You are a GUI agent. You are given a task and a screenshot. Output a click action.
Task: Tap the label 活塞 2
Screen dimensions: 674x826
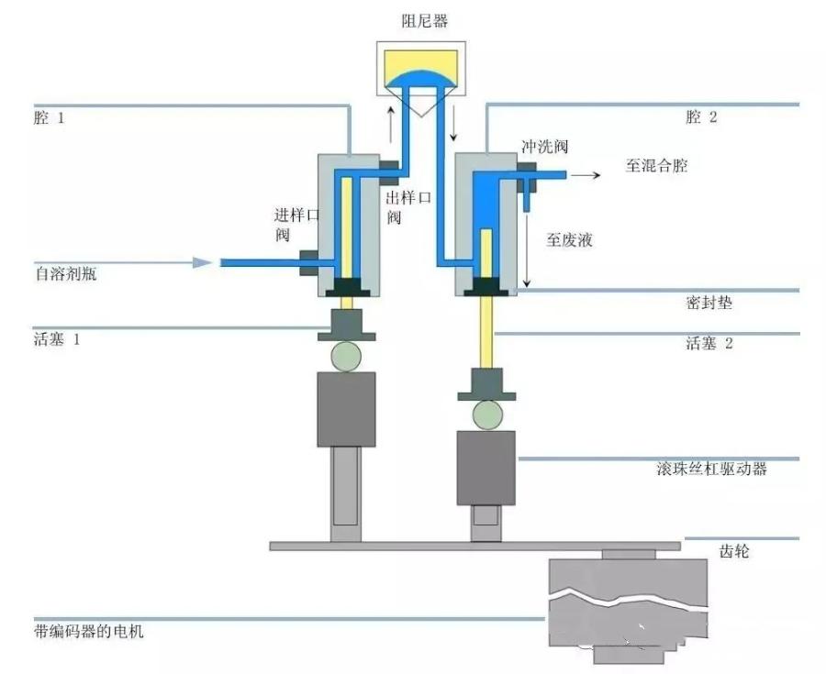(709, 344)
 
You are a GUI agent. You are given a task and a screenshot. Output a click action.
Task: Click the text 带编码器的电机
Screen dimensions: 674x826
(88, 632)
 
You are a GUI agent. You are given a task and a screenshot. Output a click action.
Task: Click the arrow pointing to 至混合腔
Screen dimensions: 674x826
(587, 171)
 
